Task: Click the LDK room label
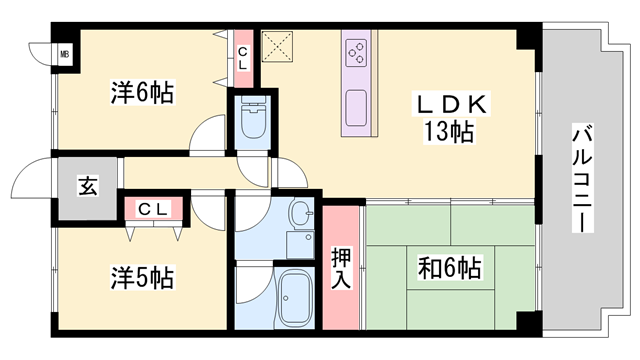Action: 451,104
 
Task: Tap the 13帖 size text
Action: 448,131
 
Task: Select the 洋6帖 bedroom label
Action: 142,93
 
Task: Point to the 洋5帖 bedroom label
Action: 142,278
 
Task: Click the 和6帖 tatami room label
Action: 449,268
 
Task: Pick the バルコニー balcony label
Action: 582,178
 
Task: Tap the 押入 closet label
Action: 340,268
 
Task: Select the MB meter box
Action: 64,53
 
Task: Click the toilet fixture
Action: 253,118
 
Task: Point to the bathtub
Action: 294,298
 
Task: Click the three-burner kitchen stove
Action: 356,53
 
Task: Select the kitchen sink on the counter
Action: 356,108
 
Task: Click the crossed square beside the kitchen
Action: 277,47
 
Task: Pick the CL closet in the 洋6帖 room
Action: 243,58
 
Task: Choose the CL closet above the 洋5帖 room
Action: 153,209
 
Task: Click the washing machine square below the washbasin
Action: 300,245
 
